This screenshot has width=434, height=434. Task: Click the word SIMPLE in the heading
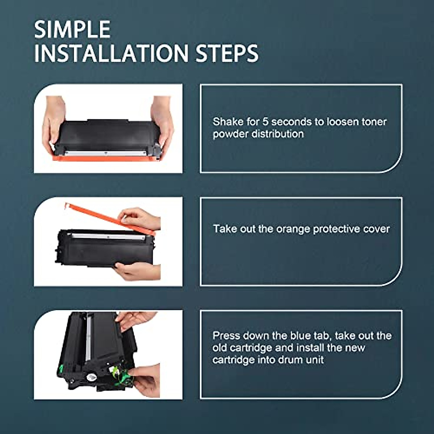pos(72,30)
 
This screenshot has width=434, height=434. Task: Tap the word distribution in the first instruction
pos(277,134)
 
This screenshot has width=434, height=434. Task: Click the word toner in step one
pos(374,122)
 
